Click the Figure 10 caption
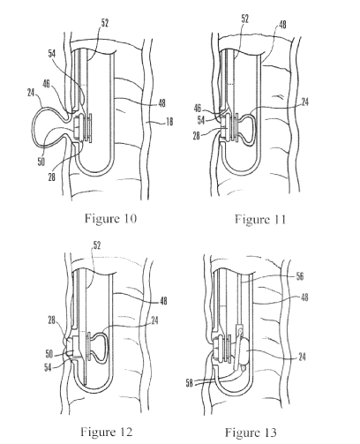click(x=110, y=219)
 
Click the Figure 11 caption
click(x=260, y=220)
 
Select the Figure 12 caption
click(x=107, y=432)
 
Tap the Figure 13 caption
click(x=251, y=433)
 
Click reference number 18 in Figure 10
click(x=169, y=122)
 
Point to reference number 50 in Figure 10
click(x=41, y=162)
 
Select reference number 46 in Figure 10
click(x=46, y=84)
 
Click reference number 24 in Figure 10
click(x=31, y=93)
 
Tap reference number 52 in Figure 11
click(x=244, y=19)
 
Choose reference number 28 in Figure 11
click(x=197, y=136)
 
